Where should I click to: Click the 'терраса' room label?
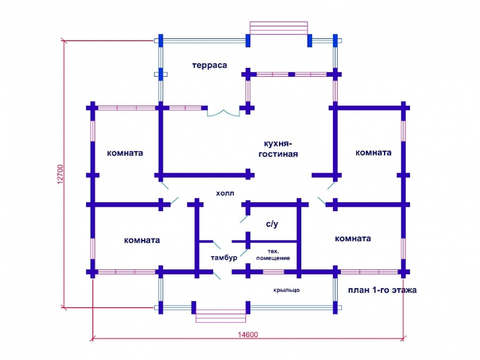click(209, 65)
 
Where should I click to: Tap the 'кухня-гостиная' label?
click(278, 149)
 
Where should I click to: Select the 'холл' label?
click(225, 193)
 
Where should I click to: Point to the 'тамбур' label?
click(224, 258)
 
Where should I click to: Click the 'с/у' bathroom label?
click(272, 224)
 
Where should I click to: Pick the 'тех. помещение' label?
click(273, 254)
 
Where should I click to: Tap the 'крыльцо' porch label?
click(286, 290)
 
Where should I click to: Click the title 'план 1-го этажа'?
click(382, 290)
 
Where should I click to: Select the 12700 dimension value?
click(61, 174)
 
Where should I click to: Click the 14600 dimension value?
click(248, 335)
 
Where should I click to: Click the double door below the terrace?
click(223, 113)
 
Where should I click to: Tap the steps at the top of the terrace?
click(278, 28)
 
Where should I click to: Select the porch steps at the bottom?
click(221, 316)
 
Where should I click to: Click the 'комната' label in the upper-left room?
click(125, 153)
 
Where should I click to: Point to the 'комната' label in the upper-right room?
click(373, 152)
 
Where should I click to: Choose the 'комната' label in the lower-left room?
click(142, 241)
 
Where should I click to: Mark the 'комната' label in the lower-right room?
click(353, 238)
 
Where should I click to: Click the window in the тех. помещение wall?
click(274, 272)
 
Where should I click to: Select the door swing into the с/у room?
click(244, 219)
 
